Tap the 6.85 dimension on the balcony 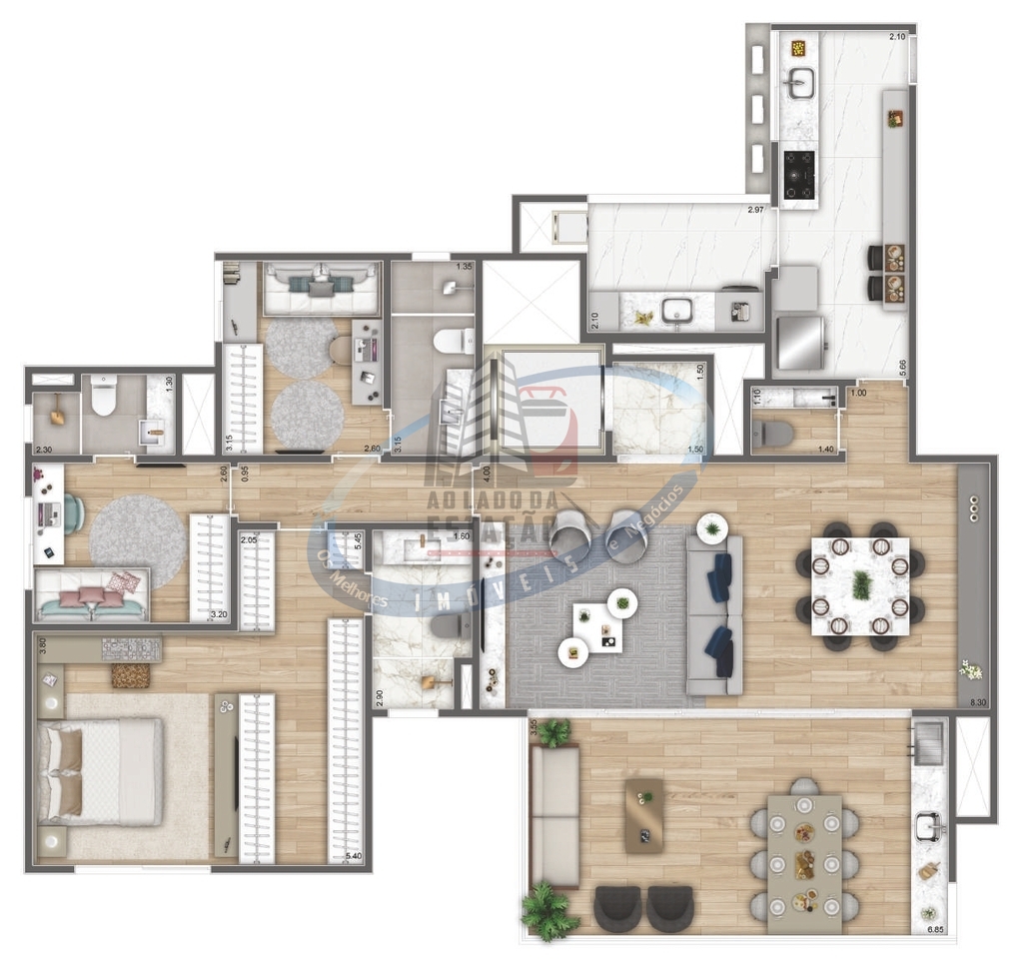pyautogui.click(x=935, y=930)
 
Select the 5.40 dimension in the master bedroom pyautogui.click(x=354, y=856)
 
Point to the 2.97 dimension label pyautogui.click(x=761, y=210)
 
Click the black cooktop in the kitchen pyautogui.click(x=798, y=176)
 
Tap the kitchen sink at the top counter pyautogui.click(x=799, y=86)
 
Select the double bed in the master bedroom pyautogui.click(x=100, y=770)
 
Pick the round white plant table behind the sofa pyautogui.click(x=712, y=527)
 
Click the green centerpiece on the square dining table pyautogui.click(x=860, y=585)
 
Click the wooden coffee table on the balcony pyautogui.click(x=644, y=815)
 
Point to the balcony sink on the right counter pyautogui.click(x=930, y=825)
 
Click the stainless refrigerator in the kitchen pyautogui.click(x=801, y=342)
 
